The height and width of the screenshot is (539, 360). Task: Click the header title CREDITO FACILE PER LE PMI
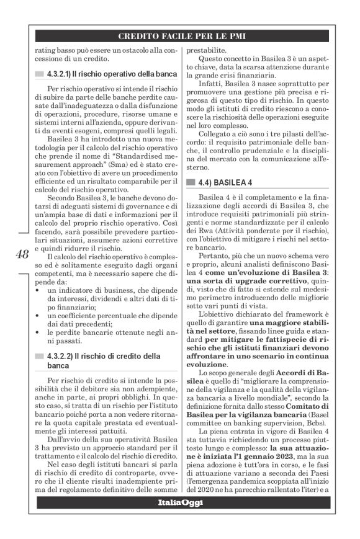pyautogui.click(x=180, y=37)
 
